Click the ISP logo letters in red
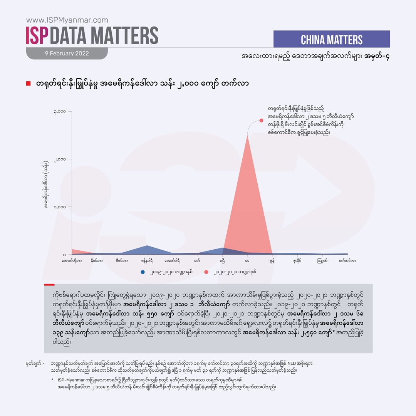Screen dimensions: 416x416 coord(37,36)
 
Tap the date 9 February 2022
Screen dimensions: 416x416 coord(66,54)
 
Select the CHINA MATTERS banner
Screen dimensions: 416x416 coord(331,39)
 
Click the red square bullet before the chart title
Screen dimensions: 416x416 coord(28,84)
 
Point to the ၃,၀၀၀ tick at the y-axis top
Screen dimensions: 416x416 coord(60,112)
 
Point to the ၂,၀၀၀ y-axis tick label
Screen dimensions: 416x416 coord(60,159)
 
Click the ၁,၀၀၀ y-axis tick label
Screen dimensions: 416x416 coord(60,207)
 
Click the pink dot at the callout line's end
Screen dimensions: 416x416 coord(261,120)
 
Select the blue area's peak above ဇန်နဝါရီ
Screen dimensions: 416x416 coord(147,245)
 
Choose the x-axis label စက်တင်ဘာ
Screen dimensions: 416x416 coord(347,261)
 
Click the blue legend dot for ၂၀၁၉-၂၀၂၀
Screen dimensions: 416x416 coord(143,272)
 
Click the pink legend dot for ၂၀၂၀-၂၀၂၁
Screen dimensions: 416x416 coord(206,272)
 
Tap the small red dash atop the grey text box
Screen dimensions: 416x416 coord(49,285)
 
